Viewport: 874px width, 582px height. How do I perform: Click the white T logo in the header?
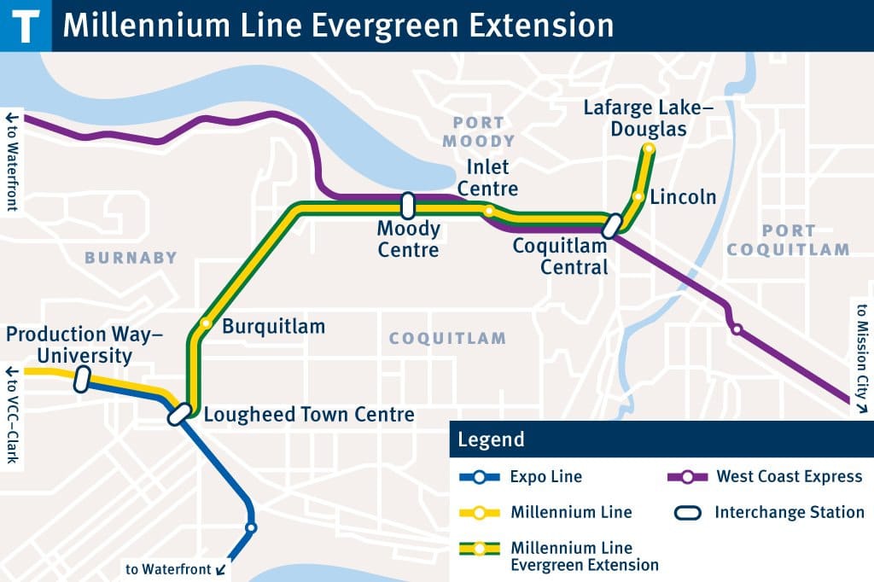coord(26,25)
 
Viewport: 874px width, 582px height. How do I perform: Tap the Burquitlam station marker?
coord(206,323)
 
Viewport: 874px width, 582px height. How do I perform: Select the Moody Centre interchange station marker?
coord(408,205)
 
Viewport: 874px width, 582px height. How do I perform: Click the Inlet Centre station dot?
coord(488,211)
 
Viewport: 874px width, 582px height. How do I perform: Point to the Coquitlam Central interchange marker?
coord(611,226)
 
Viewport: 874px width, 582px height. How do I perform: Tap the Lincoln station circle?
coord(638,196)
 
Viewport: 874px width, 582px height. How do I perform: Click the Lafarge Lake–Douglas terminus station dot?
coord(649,149)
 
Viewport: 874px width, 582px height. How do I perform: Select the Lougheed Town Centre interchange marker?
coord(178,415)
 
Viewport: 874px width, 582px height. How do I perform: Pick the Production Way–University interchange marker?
coord(82,379)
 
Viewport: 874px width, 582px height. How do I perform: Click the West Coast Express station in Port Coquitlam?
coord(736,329)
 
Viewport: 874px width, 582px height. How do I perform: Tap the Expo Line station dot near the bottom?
coord(250,527)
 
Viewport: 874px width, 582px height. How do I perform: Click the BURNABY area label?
coord(131,258)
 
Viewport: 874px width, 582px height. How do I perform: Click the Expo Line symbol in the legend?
coord(480,477)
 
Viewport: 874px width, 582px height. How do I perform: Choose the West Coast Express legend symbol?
coord(687,477)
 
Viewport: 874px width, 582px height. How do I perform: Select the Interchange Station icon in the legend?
coord(687,513)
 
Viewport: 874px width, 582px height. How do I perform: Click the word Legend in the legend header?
coord(491,440)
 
